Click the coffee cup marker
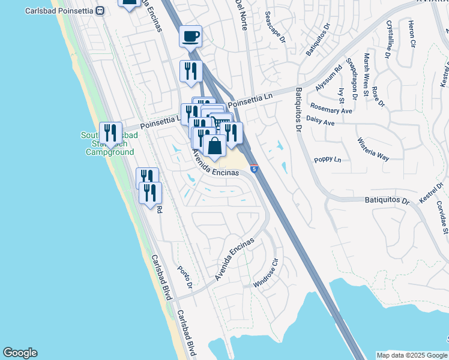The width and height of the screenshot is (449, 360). (190, 37)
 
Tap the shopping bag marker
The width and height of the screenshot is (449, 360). (214, 145)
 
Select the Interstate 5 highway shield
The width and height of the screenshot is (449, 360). (255, 170)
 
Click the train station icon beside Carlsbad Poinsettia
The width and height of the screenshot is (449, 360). (100, 10)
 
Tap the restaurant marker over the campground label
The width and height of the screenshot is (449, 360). (110, 133)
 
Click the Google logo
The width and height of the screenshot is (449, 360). (20, 353)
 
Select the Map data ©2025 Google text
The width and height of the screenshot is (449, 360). (411, 355)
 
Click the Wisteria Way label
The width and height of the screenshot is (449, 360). (373, 149)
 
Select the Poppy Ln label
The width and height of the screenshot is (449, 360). (328, 160)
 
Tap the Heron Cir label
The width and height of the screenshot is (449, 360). (412, 34)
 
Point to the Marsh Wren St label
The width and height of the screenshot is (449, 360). (366, 74)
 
